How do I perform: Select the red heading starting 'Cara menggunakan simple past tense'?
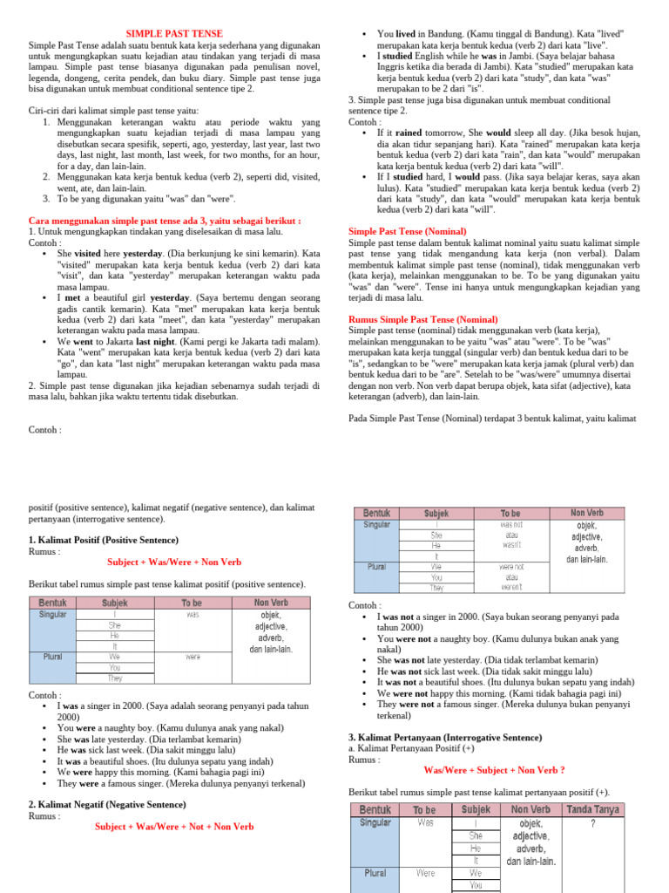point(165,221)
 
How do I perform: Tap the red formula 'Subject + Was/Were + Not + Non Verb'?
point(174,827)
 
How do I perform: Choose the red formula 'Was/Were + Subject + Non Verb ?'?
point(494,770)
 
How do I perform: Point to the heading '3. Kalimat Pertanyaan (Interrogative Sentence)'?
point(444,737)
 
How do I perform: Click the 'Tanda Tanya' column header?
point(593,810)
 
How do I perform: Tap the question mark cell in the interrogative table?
point(593,823)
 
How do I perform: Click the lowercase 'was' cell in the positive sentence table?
point(193,614)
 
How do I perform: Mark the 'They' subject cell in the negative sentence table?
point(436,588)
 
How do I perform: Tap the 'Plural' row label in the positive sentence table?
point(52,657)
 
